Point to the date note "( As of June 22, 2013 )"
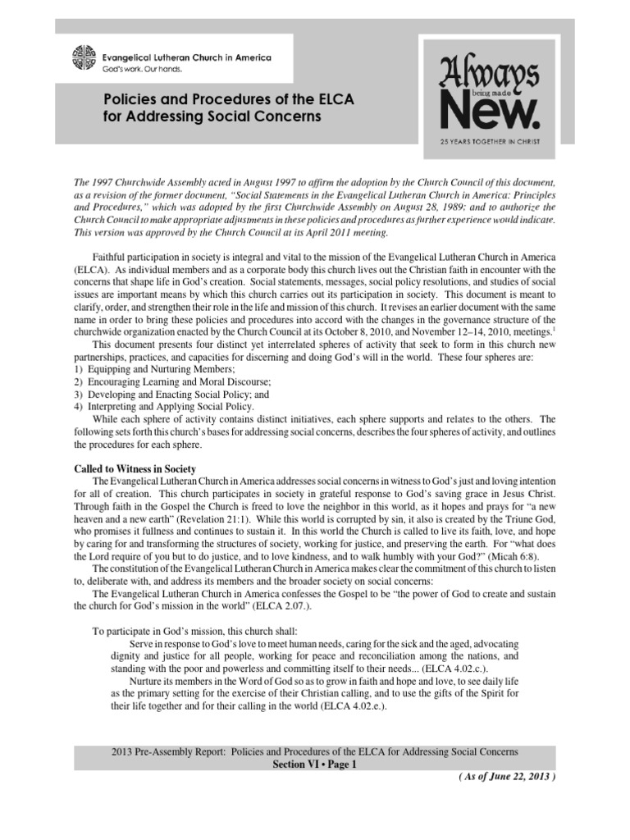(508, 778)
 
